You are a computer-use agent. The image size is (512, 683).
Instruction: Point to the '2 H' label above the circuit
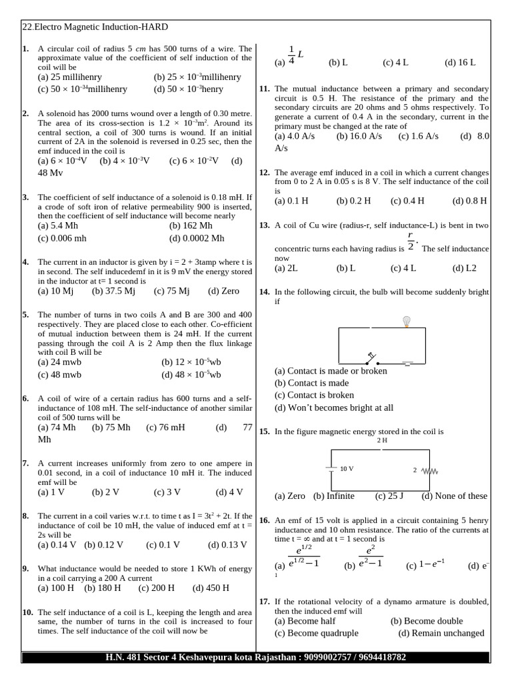pos(382,440)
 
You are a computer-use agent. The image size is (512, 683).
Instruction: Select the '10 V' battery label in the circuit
pos(347,469)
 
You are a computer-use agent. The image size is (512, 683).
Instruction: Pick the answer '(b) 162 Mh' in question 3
pos(191,226)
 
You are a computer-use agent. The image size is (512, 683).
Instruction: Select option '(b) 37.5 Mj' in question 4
pos(113,291)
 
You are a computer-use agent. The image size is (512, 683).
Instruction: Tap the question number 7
pos(25,463)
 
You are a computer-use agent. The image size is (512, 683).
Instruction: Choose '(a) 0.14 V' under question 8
pos(57,544)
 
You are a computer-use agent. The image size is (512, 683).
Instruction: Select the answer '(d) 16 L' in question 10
pos(460,63)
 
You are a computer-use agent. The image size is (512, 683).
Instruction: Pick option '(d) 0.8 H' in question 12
pos(469,201)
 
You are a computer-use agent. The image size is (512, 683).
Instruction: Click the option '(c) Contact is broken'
pos(314,395)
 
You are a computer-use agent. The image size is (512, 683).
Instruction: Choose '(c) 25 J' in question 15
pos(390,496)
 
